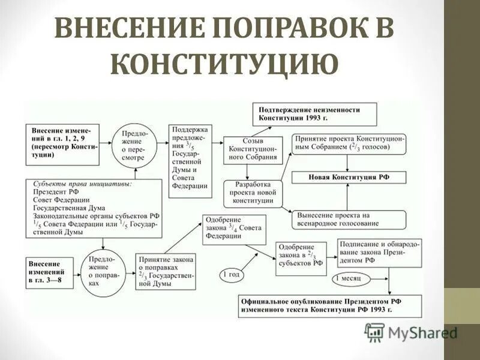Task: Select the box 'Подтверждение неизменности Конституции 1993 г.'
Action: click(x=314, y=114)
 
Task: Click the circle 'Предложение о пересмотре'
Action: click(x=136, y=145)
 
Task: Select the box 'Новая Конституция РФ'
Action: click(x=348, y=178)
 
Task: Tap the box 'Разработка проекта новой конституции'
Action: click(x=253, y=192)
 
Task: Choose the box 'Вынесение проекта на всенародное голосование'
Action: click(x=348, y=219)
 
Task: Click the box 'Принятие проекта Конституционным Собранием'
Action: click(x=349, y=142)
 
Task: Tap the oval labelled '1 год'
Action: click(x=232, y=274)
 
